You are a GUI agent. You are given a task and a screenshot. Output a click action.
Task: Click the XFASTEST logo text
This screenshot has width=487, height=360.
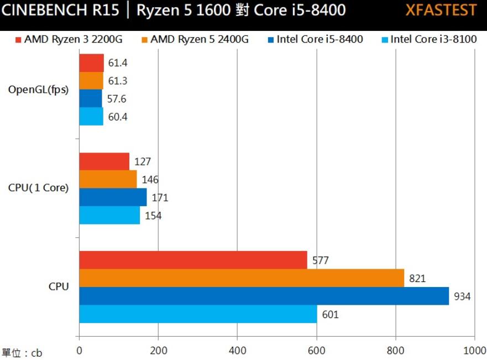[x=441, y=10]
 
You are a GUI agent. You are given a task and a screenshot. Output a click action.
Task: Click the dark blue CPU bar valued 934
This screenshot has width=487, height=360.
[x=264, y=296]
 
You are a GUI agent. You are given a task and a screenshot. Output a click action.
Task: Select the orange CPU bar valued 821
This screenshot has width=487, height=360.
[x=242, y=278]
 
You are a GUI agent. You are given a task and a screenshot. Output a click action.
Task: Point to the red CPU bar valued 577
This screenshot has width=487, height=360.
[x=193, y=260]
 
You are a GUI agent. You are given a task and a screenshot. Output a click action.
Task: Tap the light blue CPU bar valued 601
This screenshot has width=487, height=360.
[x=198, y=314]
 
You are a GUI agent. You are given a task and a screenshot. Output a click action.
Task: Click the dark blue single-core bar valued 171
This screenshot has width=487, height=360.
[x=113, y=197]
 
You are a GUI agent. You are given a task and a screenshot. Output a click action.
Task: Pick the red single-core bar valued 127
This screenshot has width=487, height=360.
[x=104, y=161]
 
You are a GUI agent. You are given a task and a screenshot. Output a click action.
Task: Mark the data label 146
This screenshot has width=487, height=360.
[x=150, y=180]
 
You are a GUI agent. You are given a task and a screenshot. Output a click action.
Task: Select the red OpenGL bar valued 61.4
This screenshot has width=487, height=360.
[x=91, y=63]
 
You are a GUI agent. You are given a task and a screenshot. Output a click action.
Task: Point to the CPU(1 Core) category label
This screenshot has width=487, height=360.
[x=39, y=188]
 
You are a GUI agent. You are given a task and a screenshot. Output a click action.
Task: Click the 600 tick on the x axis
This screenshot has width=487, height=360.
[x=316, y=350]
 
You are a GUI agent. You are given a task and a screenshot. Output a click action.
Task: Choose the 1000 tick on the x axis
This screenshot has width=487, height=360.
[x=473, y=350]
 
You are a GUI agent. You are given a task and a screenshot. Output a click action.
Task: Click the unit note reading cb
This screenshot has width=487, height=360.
[x=22, y=353]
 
